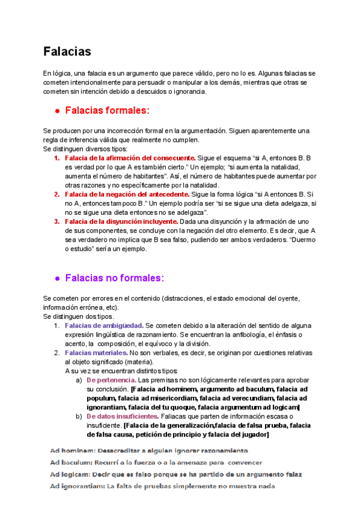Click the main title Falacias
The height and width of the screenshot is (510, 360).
(x=67, y=52)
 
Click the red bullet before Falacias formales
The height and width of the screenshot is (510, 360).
(x=56, y=111)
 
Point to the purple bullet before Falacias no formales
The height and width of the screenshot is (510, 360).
(x=56, y=278)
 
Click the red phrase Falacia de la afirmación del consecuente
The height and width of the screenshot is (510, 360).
(x=130, y=158)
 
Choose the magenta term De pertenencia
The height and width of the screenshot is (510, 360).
(x=111, y=380)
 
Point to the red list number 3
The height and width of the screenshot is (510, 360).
(x=56, y=221)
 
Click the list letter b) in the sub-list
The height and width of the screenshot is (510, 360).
(x=79, y=416)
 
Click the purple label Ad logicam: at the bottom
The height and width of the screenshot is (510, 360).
(x=69, y=475)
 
